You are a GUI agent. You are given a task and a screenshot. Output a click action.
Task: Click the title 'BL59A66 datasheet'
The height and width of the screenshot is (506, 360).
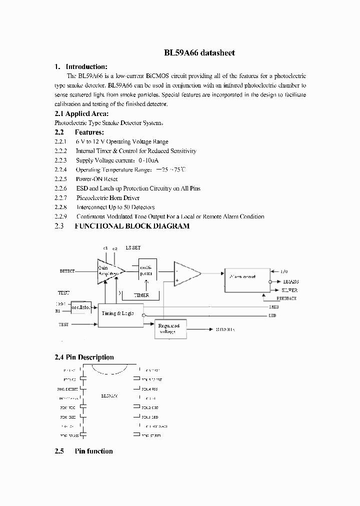point(199,52)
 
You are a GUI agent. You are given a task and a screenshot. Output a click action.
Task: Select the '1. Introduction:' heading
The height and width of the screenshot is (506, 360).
point(80,67)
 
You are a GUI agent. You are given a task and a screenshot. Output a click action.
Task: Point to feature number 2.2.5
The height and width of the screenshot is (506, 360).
point(60,179)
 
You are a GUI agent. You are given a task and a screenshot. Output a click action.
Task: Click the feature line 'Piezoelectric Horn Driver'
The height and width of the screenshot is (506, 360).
point(107,198)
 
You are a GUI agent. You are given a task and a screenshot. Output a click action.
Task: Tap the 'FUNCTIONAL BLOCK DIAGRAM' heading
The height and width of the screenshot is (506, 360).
point(132,226)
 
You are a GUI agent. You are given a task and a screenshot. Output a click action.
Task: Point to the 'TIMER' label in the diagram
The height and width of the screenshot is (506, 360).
point(141,296)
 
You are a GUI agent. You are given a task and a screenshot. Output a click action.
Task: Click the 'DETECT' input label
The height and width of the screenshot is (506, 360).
point(67,271)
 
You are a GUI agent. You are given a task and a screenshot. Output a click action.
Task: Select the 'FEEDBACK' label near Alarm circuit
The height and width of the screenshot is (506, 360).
point(286,298)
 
